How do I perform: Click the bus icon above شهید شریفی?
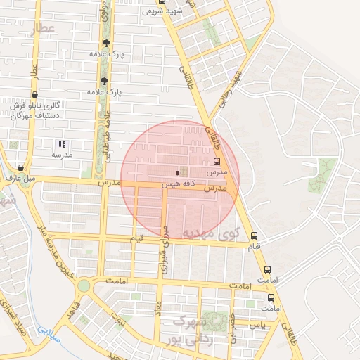click(162, 1)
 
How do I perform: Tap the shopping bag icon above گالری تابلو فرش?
click(35, 94)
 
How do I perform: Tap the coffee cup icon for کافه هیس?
click(179, 172)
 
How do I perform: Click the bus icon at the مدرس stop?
click(217, 160)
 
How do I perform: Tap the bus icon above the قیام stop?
click(254, 236)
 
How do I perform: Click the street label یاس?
click(259, 325)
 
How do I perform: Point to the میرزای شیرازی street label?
click(166, 247)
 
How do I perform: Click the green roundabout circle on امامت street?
click(84, 285)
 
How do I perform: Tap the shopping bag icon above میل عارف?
click(20, 168)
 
